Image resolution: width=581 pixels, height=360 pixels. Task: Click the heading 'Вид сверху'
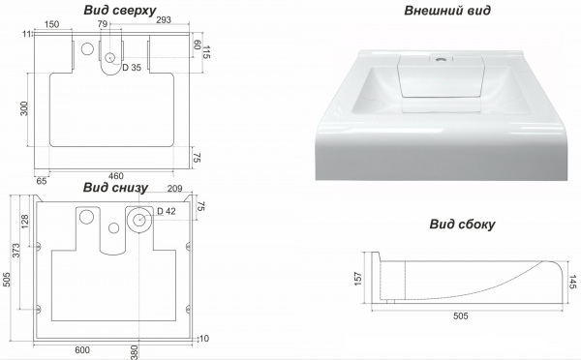pyautogui.click(x=120, y=10)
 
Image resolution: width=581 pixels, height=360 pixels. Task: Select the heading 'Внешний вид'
pyautogui.click(x=447, y=11)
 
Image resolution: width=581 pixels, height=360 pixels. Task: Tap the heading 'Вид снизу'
pyautogui.click(x=115, y=188)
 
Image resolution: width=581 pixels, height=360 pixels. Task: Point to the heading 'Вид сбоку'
pyautogui.click(x=462, y=225)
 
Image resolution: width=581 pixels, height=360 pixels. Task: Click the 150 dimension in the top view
pyautogui.click(x=51, y=24)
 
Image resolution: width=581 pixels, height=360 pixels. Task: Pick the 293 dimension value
pyautogui.click(x=164, y=20)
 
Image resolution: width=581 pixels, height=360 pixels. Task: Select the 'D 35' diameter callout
pyautogui.click(x=132, y=68)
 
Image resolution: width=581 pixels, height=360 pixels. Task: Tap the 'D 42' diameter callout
pyautogui.click(x=167, y=211)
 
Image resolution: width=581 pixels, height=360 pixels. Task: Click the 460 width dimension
pyautogui.click(x=115, y=176)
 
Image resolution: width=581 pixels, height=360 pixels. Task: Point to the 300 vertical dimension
pyautogui.click(x=24, y=108)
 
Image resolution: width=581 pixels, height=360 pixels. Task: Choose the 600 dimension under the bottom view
pyautogui.click(x=82, y=350)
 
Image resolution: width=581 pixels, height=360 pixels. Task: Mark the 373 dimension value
pyautogui.click(x=15, y=251)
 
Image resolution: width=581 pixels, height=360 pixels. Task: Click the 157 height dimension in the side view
pyautogui.click(x=357, y=279)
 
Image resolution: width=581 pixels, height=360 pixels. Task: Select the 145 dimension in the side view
pyautogui.click(x=572, y=282)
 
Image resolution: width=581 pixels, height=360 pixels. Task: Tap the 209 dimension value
pyautogui.click(x=174, y=189)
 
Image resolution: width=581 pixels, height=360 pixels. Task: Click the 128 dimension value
pyautogui.click(x=25, y=222)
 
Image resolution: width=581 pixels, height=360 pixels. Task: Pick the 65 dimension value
pyautogui.click(x=42, y=181)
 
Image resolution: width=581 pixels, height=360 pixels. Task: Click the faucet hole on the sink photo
pyautogui.click(x=441, y=58)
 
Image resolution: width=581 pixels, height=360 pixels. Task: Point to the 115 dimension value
pyautogui.click(x=206, y=52)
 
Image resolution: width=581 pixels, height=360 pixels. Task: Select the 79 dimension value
pyautogui.click(x=103, y=24)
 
